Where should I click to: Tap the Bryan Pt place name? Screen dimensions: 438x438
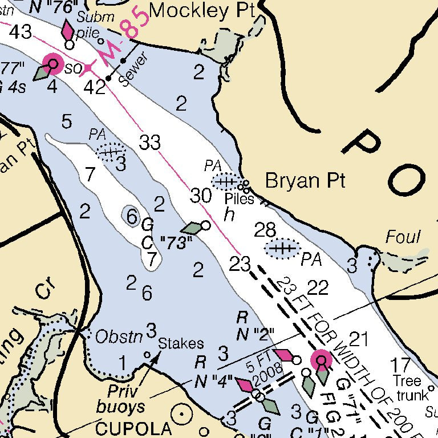pyautogui.click(x=306, y=181)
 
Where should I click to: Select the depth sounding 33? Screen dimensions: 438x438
pyautogui.click(x=150, y=143)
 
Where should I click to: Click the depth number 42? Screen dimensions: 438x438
pyautogui.click(x=94, y=87)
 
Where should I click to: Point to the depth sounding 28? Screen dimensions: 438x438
pyautogui.click(x=265, y=230)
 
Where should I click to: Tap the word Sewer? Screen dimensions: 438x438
pyautogui.click(x=133, y=70)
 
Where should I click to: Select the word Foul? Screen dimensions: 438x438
pyautogui.click(x=403, y=237)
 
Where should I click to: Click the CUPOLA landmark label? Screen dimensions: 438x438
pyautogui.click(x=133, y=428)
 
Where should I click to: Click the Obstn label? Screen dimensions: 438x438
pyautogui.click(x=118, y=337)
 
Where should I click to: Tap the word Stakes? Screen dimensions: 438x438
pyautogui.click(x=181, y=343)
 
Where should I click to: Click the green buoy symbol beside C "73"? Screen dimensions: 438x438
pyautogui.click(x=194, y=228)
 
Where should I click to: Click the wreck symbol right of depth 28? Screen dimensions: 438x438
pyautogui.click(x=282, y=249)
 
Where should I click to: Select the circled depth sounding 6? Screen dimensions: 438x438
pyautogui.click(x=131, y=216)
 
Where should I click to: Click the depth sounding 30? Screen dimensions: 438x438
pyautogui.click(x=201, y=196)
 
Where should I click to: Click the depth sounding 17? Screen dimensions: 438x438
pyautogui.click(x=401, y=364)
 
